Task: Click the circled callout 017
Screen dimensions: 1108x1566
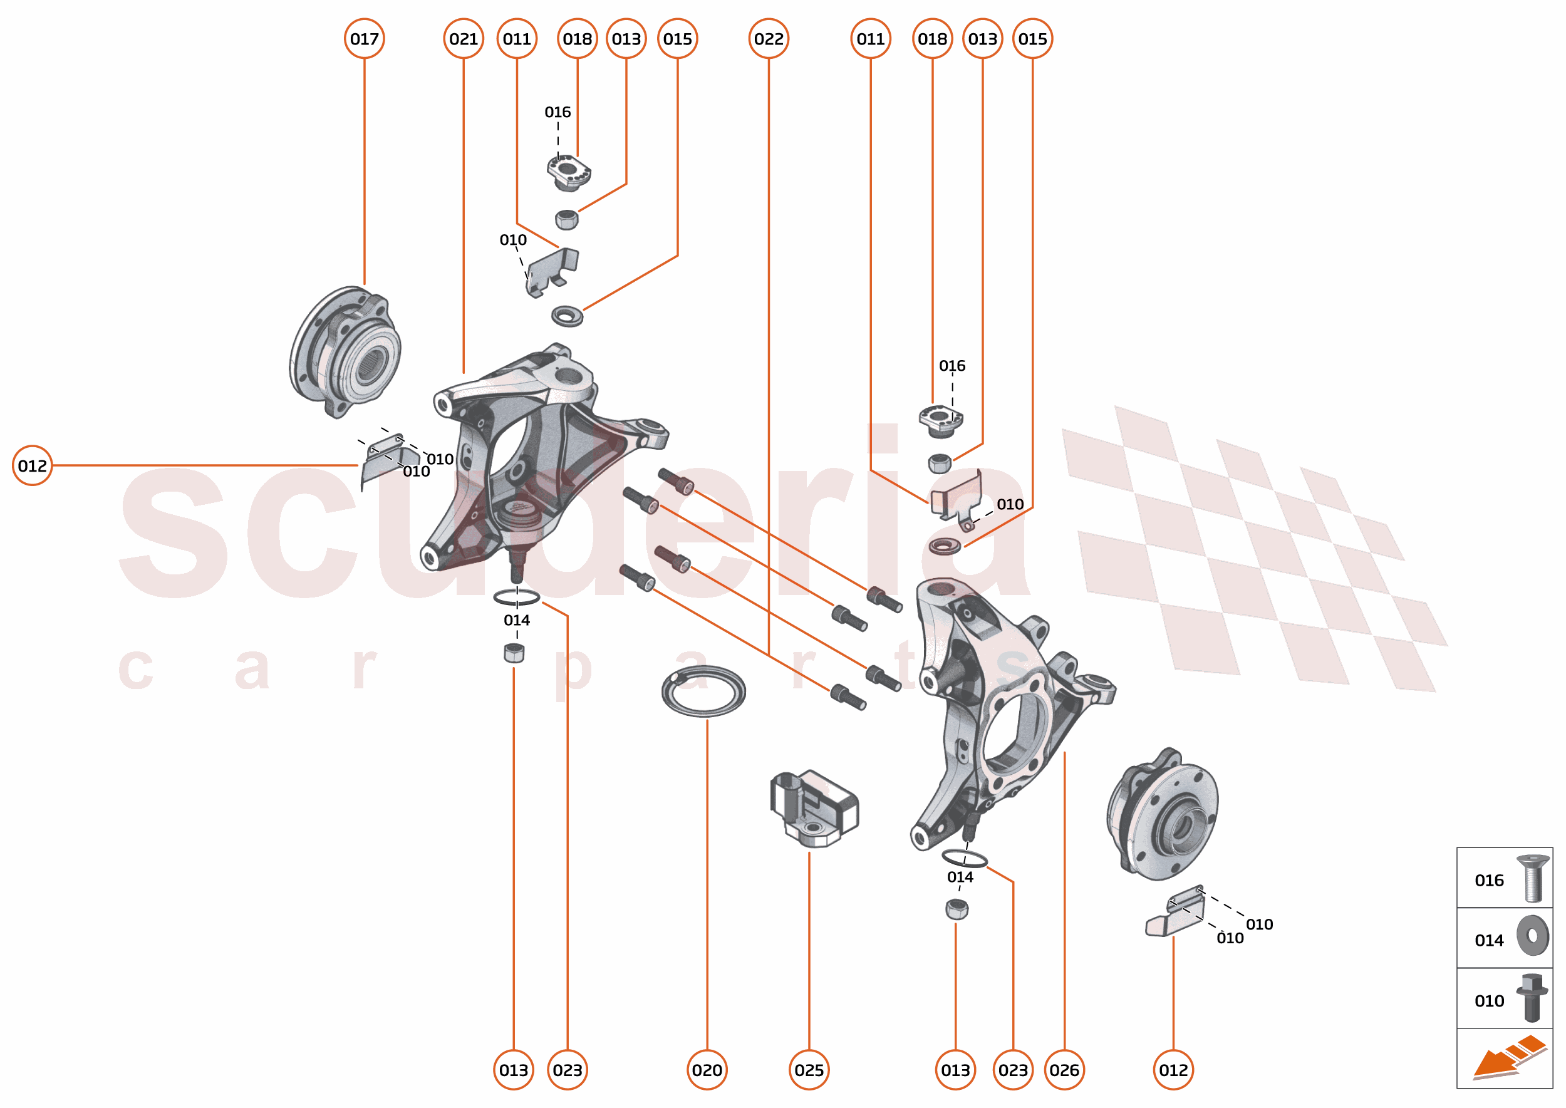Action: click(365, 39)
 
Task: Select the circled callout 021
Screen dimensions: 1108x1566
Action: click(464, 39)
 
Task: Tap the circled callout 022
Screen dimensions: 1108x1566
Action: click(769, 39)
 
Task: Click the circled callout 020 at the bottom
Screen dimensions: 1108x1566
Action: click(707, 1070)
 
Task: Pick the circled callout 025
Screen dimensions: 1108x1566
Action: click(809, 1070)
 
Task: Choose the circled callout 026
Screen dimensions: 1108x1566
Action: click(1064, 1070)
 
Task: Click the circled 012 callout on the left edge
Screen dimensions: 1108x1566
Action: click(32, 465)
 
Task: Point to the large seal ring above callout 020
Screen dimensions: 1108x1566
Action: click(703, 691)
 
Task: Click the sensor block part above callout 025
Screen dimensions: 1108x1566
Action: click(813, 809)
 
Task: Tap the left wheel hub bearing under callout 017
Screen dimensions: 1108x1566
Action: click(346, 351)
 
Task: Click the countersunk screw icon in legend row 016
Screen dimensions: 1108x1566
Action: click(1533, 878)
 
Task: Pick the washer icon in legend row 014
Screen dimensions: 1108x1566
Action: click(1533, 936)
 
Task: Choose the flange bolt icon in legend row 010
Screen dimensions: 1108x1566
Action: click(1532, 998)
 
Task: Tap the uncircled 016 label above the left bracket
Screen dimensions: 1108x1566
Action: click(557, 112)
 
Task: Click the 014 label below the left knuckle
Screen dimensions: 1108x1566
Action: click(517, 620)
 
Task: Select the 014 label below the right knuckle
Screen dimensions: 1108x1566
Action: click(960, 877)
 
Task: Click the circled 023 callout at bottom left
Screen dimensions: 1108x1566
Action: click(567, 1070)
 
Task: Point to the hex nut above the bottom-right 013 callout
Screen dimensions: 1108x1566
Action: click(957, 909)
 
